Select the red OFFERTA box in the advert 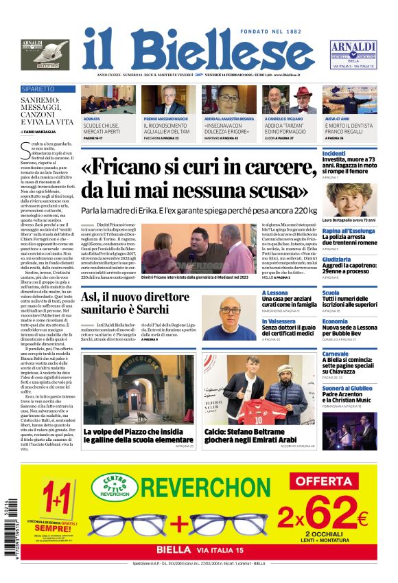pyautogui.click(x=324, y=481)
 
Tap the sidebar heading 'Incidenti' pyautogui.click(x=334, y=153)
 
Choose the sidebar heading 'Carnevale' pyautogui.click(x=336, y=354)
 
